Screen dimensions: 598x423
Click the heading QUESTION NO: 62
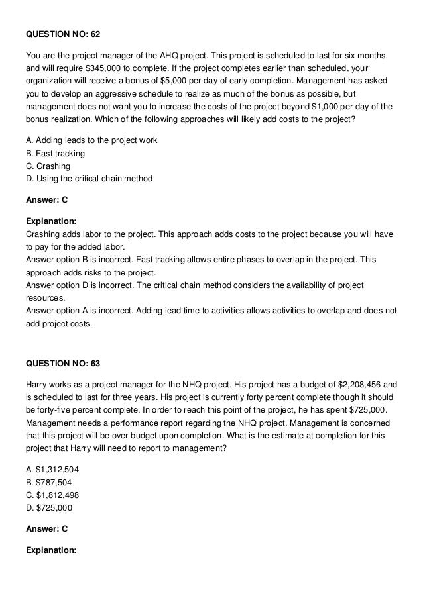point(62,33)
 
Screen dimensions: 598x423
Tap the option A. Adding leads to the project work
point(91,140)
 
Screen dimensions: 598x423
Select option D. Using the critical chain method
point(89,179)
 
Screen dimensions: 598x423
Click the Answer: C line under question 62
point(46,199)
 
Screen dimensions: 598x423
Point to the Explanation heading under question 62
point(51,221)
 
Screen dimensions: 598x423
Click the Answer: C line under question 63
point(46,528)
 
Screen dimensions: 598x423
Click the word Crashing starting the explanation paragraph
point(43,234)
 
